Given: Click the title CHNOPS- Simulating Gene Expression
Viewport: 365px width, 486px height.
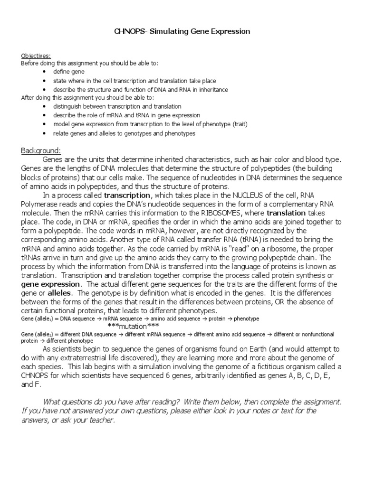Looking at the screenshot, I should (182, 31).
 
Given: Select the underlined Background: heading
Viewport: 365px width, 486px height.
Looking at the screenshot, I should (40, 150).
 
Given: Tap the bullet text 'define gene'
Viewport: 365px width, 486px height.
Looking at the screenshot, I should (69, 72).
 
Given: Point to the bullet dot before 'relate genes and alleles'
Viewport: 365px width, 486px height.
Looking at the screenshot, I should (44, 133).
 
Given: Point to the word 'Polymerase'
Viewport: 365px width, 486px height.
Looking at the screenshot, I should (40, 204).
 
